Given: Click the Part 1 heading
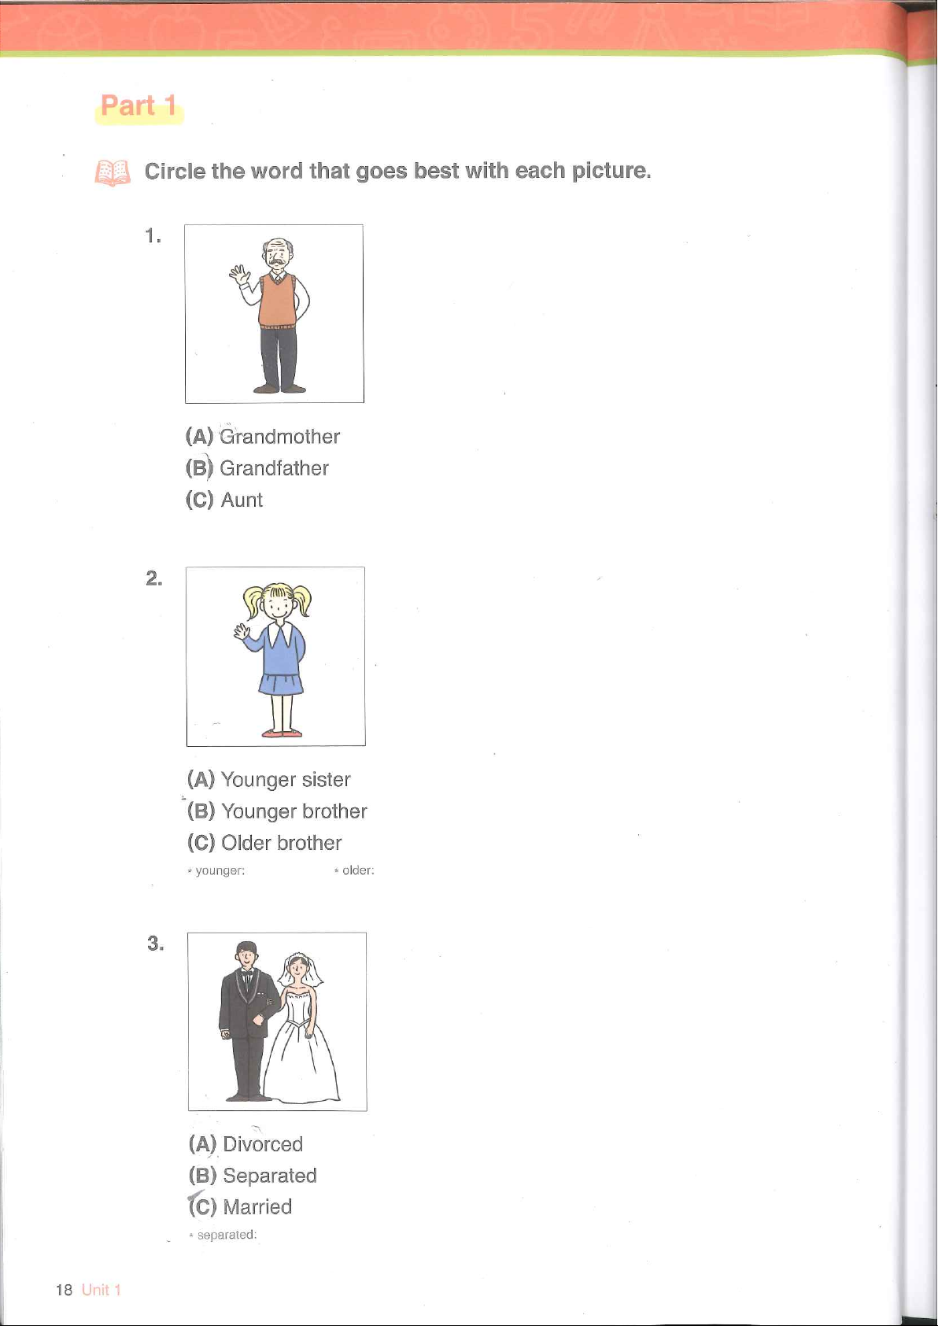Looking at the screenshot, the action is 138,105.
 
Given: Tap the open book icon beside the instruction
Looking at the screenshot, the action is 113,173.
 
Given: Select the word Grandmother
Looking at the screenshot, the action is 279,436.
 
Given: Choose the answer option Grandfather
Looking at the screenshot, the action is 274,468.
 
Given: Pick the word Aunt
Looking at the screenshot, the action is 242,500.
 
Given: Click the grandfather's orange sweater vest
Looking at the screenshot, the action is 277,300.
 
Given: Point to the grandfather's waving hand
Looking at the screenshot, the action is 240,275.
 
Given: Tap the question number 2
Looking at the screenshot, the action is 154,578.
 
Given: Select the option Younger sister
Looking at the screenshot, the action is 285,779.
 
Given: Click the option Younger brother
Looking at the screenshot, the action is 294,811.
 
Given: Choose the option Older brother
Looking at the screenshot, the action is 281,842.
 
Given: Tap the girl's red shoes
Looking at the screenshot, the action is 282,733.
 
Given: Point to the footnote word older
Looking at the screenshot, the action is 358,870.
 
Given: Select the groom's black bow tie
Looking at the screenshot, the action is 247,973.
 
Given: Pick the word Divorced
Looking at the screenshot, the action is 263,1143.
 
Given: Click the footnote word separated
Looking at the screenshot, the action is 227,1235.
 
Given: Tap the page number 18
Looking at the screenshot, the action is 64,1290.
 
